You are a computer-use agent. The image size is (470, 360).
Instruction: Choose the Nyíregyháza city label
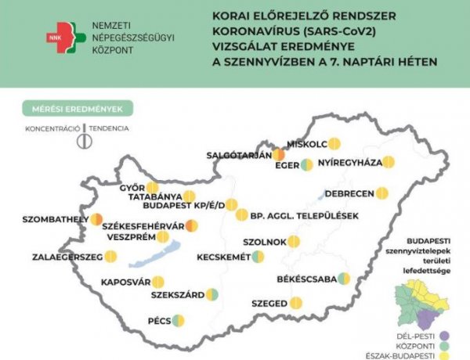[349, 163]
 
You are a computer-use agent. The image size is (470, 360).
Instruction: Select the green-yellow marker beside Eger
[306, 164]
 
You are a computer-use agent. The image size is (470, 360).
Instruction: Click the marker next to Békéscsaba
[343, 279]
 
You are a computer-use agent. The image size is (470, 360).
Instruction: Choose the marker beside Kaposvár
[158, 282]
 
